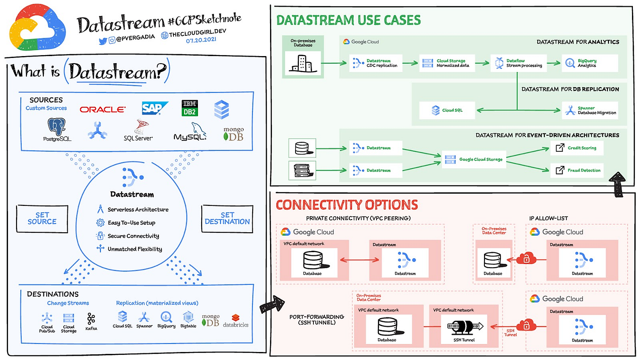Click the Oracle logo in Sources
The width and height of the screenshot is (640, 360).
click(x=103, y=109)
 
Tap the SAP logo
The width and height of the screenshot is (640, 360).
click(x=155, y=108)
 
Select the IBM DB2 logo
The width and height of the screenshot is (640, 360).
click(x=190, y=108)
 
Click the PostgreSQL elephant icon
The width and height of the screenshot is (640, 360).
click(x=57, y=127)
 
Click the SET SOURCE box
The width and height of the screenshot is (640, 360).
click(x=42, y=219)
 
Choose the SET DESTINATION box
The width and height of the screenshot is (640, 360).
click(x=227, y=219)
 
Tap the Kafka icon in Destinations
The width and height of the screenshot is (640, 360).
click(x=91, y=319)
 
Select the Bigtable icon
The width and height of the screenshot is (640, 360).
click(x=189, y=317)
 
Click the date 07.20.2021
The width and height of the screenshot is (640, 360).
click(x=201, y=40)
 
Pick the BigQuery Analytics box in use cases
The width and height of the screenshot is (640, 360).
click(x=590, y=63)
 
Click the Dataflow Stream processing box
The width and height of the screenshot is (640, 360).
click(x=518, y=63)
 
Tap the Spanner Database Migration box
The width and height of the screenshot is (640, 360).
click(x=590, y=110)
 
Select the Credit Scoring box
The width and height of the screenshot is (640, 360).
click(x=577, y=148)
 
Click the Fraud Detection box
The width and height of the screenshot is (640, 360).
click(x=577, y=170)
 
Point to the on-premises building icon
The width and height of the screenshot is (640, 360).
click(x=303, y=64)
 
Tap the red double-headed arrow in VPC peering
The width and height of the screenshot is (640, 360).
click(x=360, y=260)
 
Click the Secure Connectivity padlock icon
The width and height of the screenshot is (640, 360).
click(x=100, y=236)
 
